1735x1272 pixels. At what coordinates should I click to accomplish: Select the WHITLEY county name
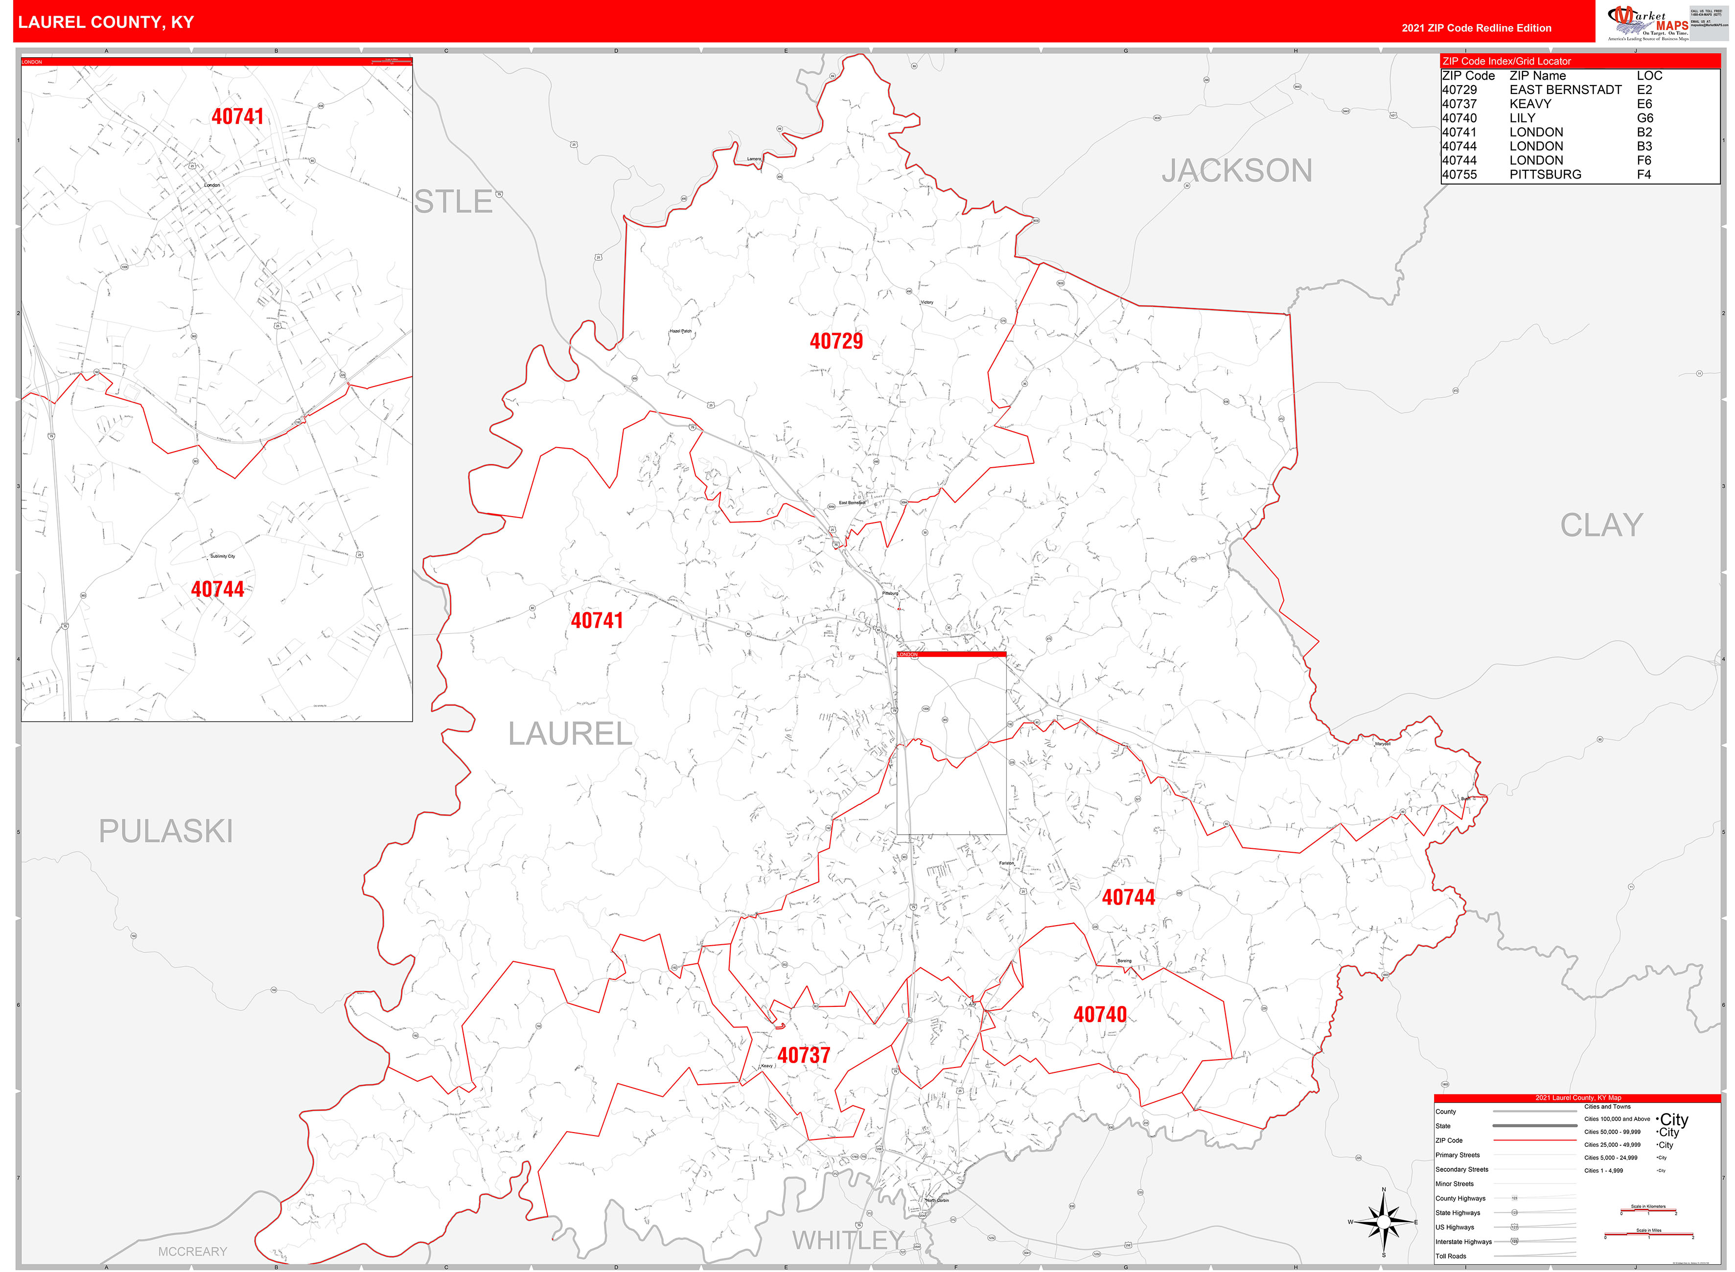pos(848,1240)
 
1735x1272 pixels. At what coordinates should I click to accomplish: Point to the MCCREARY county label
pos(192,1251)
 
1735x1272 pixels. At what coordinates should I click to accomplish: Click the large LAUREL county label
pos(570,734)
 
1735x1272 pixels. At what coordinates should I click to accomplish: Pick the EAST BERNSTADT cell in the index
pos(1565,90)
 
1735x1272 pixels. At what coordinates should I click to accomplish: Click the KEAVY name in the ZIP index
pos(1529,104)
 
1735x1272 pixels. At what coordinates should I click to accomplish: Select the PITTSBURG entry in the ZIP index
pos(1545,175)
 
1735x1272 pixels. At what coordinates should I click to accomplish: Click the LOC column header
pos(1649,75)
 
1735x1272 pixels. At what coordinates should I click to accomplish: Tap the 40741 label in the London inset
pos(237,116)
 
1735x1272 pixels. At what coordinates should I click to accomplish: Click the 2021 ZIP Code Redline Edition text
pos(1476,28)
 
